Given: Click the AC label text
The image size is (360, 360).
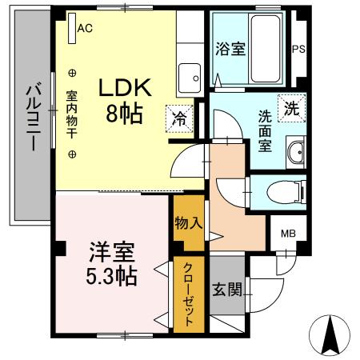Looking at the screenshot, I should [x=85, y=27].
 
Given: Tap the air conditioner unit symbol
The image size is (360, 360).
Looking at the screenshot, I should [x=71, y=26].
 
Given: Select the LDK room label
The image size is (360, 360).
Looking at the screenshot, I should [x=124, y=87].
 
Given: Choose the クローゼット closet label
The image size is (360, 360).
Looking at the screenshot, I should [x=189, y=294].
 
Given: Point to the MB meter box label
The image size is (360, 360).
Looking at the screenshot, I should [x=286, y=234].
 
